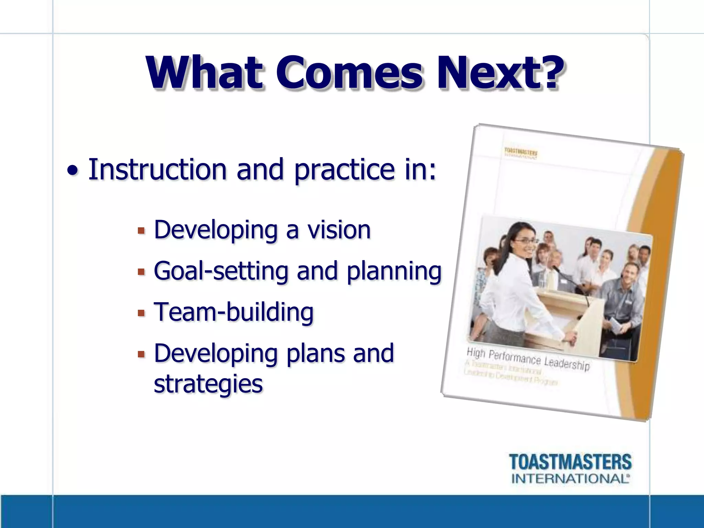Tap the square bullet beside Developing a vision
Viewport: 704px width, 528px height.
click(141, 231)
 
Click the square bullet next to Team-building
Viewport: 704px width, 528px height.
click(141, 313)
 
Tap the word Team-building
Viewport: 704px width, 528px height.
click(234, 312)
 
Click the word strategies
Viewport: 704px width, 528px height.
click(208, 384)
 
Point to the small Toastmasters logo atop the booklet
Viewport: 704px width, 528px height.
click(521, 153)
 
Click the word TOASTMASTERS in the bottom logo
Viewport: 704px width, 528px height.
click(570, 462)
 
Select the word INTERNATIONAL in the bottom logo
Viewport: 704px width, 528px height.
click(570, 478)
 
